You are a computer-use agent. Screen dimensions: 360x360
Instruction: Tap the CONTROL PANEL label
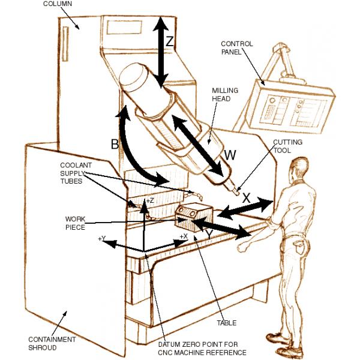237,47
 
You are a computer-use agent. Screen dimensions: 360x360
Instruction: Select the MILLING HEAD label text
225,95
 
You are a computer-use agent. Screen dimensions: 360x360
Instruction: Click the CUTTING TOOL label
287,146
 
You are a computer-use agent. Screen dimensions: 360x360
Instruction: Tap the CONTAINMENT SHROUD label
54,343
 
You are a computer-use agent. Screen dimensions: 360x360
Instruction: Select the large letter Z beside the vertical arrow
170,41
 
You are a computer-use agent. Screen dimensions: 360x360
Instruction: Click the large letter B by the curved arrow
115,144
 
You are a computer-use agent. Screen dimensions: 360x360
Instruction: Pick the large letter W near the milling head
230,155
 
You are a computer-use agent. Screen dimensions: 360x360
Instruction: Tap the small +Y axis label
102,239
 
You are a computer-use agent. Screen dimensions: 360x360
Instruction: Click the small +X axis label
184,236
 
